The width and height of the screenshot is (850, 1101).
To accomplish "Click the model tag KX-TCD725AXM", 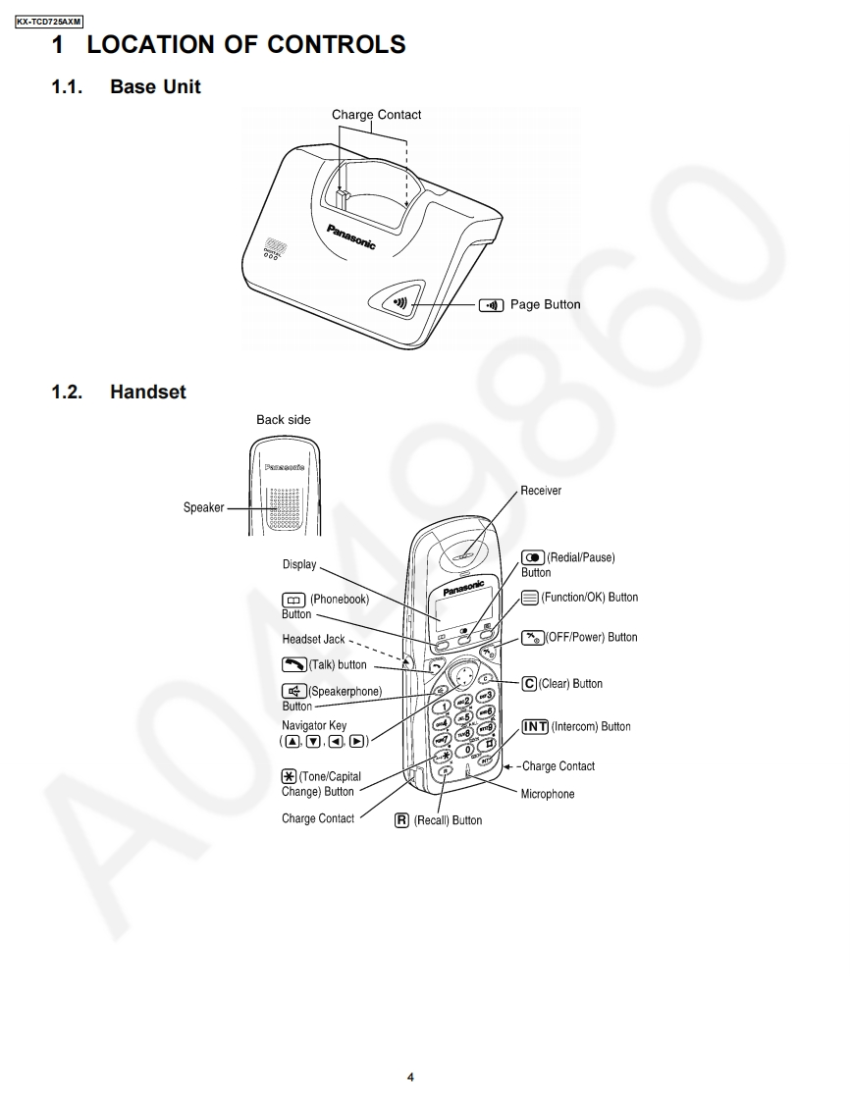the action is point(49,22).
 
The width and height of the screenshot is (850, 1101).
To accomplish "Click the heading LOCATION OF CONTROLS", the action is point(228,45).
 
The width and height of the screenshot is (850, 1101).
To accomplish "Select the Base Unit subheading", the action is point(155,87).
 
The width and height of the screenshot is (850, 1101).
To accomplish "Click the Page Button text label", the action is point(545,305).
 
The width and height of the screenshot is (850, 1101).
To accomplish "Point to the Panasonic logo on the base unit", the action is point(351,236).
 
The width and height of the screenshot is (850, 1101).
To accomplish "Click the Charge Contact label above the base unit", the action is point(376,115).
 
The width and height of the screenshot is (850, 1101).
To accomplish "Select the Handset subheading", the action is point(147,393).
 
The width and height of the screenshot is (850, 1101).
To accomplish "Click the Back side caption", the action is point(284,420).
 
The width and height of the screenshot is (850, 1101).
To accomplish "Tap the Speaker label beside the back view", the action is point(203,508).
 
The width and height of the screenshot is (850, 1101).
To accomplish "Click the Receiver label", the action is point(541,491).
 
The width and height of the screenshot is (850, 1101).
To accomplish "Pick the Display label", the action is point(299,564).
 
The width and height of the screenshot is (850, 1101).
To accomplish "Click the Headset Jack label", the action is point(313,640).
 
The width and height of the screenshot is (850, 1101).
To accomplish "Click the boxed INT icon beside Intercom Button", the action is point(535,727).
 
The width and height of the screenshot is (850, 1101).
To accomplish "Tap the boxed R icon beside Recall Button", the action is point(401,820).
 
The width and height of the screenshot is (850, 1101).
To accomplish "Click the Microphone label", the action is point(548,794).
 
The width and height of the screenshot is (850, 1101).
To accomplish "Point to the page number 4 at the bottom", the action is point(410,1077).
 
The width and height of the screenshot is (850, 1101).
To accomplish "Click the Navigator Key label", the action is point(314,726).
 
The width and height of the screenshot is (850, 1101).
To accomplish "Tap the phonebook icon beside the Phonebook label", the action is point(292,600).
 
